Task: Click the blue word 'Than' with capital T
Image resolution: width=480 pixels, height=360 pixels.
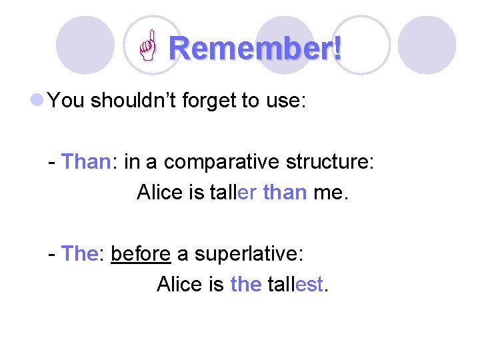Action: pyautogui.click(x=85, y=162)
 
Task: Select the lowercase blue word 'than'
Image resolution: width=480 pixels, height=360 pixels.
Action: pyautogui.click(x=285, y=193)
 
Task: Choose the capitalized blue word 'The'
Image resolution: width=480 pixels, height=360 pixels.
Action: pyautogui.click(x=79, y=254)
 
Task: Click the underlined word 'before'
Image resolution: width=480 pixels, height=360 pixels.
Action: pyautogui.click(x=141, y=254)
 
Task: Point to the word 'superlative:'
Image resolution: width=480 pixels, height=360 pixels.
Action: pyautogui.click(x=249, y=255)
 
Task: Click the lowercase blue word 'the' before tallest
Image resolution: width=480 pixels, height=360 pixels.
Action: pyautogui.click(x=245, y=285)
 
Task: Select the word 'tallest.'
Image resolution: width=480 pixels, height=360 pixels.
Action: pyautogui.click(x=298, y=285)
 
